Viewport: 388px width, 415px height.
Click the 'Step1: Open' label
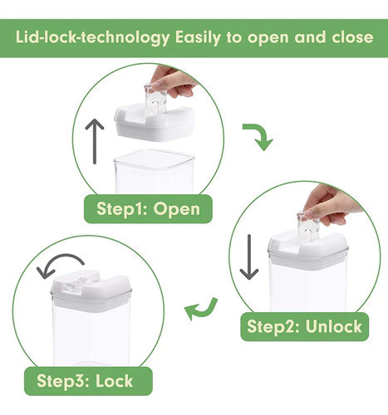[148, 209]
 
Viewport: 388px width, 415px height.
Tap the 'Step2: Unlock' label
[304, 326]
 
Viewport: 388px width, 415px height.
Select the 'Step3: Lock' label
[88, 381]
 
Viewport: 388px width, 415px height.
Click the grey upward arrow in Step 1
[95, 141]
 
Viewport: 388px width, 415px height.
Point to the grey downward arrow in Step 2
[249, 257]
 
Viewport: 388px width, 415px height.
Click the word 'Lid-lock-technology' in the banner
[92, 37]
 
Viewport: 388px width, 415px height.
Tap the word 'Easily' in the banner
[198, 37]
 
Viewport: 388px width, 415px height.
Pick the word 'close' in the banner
[352, 37]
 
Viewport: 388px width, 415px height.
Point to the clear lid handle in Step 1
[155, 98]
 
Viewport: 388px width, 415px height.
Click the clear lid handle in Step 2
[308, 227]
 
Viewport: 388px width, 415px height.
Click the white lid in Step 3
[91, 290]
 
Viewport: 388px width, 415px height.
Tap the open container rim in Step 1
[155, 160]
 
